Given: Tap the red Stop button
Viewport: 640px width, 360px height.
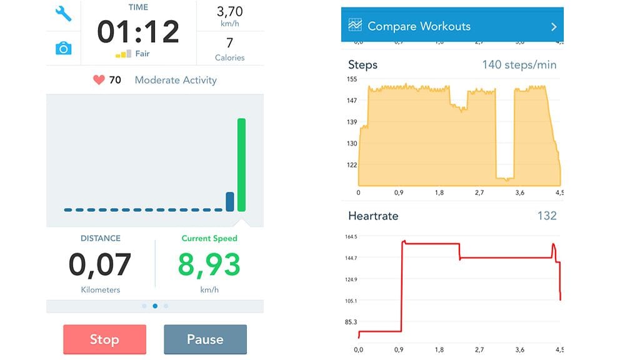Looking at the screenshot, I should point(104,339).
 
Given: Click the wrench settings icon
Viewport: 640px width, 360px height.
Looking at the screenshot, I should point(63,14).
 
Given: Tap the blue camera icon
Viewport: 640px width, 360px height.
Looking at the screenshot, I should point(63,48).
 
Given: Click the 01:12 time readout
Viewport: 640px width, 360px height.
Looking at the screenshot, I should point(138,31).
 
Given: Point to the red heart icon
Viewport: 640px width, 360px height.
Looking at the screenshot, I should point(98,80).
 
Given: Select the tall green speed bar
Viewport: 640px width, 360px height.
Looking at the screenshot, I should point(241,165).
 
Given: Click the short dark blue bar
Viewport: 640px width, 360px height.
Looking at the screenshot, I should point(230,201).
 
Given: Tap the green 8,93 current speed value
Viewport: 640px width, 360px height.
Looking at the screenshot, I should point(209,265).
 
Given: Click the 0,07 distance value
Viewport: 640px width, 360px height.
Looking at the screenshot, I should point(100,265).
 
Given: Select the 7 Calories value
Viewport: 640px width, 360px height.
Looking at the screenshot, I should point(229,43).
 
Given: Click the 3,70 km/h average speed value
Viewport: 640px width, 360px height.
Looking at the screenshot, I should point(229,12).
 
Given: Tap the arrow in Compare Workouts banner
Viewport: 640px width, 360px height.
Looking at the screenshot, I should point(554,27).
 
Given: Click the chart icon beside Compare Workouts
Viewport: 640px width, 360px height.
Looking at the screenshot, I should point(355,26).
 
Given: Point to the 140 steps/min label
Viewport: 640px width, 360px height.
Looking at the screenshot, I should point(519,65).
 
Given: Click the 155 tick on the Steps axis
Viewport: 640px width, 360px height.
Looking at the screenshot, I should point(351,79).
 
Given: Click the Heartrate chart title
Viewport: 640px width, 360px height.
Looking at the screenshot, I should point(373,216).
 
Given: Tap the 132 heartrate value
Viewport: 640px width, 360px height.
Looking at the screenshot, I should point(547,216).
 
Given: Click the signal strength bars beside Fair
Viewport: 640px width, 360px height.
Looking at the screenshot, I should point(123,54).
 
